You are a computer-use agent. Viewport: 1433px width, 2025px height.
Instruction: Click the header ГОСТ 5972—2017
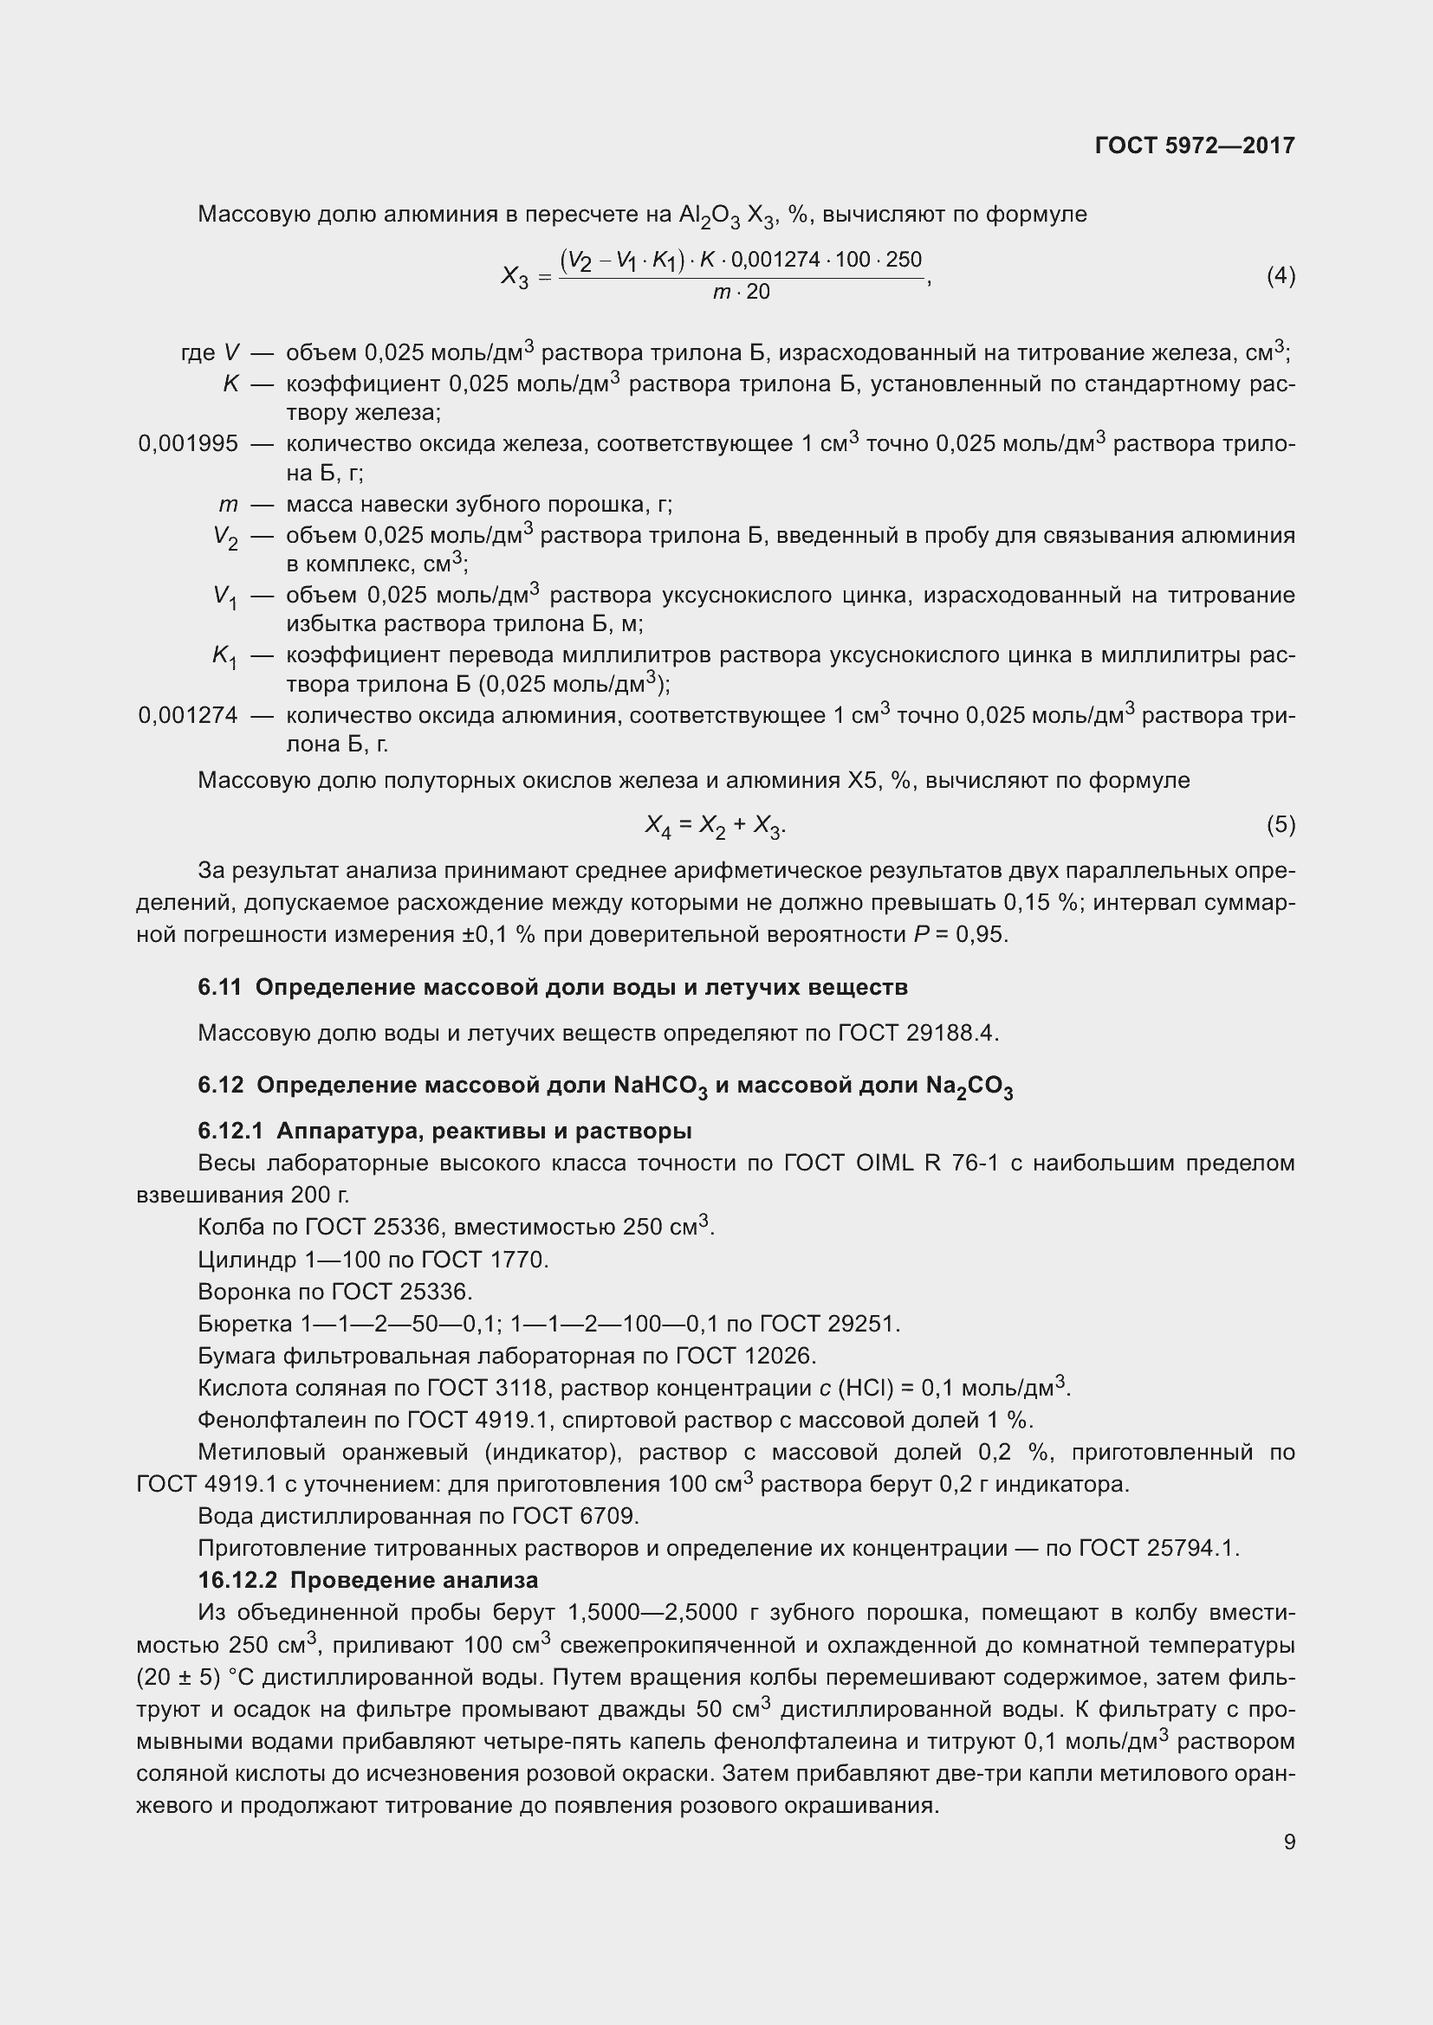pyautogui.click(x=1194, y=145)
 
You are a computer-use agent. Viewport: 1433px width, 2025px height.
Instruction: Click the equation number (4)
pyautogui.click(x=1281, y=276)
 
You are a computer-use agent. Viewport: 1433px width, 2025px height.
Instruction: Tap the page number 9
pyautogui.click(x=1289, y=1841)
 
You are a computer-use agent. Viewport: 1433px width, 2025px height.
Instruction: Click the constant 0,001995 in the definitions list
pyautogui.click(x=188, y=443)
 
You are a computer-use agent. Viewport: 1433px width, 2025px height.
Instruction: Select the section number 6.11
pyautogui.click(x=219, y=987)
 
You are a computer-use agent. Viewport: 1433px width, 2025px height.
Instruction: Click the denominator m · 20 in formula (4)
pyautogui.click(x=742, y=292)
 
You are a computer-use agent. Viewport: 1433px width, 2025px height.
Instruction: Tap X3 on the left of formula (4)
pyautogui.click(x=515, y=277)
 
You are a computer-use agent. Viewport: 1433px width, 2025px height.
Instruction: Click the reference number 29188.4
pyautogui.click(x=951, y=1033)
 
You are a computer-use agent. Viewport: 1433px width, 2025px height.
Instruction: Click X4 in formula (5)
pyautogui.click(x=658, y=826)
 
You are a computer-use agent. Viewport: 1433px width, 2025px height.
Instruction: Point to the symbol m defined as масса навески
pyautogui.click(x=229, y=505)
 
